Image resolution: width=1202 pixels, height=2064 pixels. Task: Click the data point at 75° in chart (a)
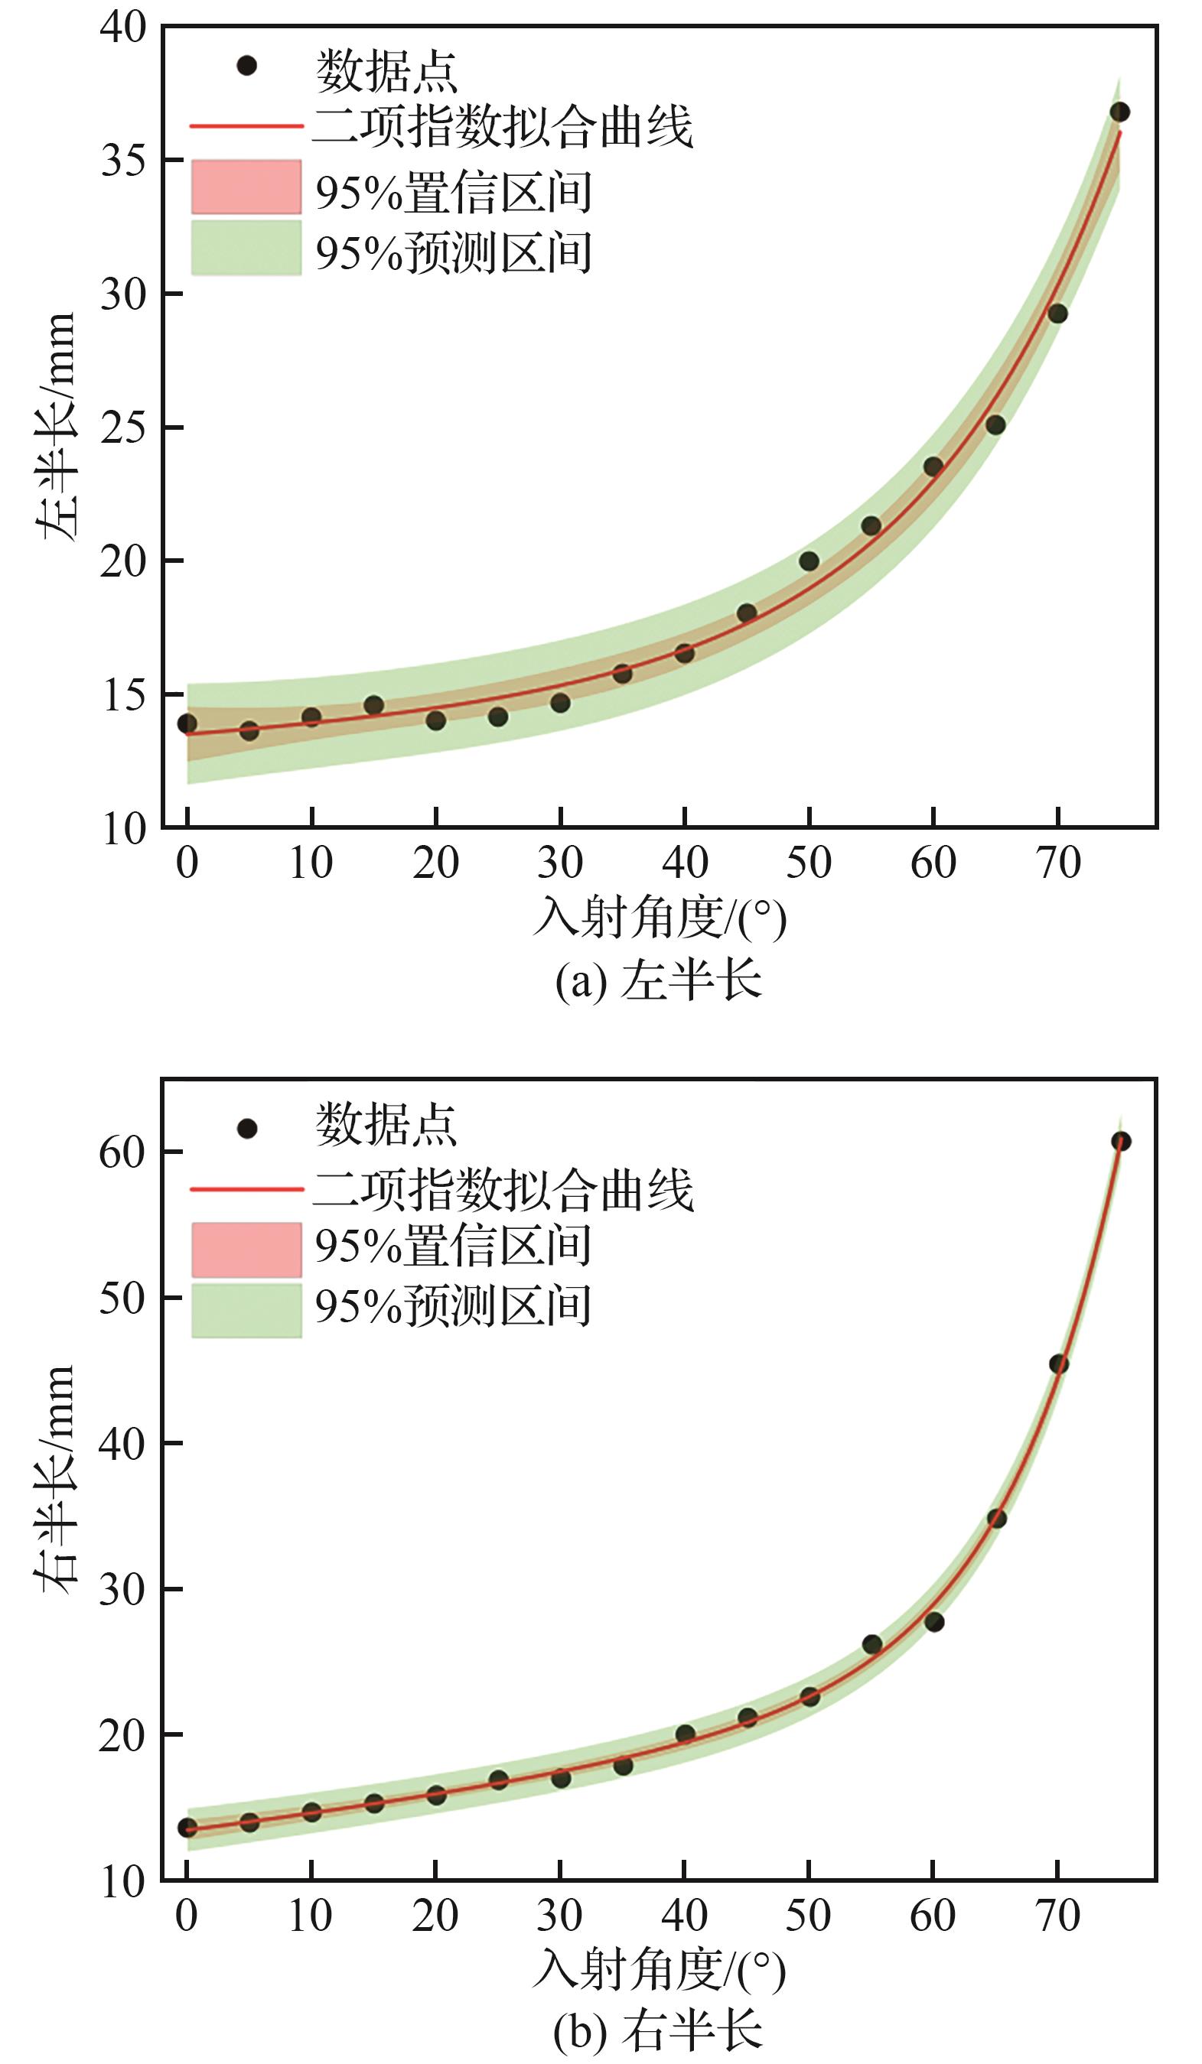pos(1119,112)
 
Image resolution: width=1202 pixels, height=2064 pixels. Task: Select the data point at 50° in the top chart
pos(809,561)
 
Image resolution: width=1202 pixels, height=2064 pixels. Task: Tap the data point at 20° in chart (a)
pos(436,721)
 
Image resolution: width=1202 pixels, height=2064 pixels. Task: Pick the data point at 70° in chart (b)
pos(1059,1364)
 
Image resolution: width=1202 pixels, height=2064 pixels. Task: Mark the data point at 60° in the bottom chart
pos(934,1622)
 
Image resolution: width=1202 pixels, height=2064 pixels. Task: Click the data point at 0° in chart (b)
pos(187,1827)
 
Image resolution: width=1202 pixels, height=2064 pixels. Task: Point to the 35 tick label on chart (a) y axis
pos(123,161)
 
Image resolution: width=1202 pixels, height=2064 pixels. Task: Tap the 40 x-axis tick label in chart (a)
pos(685,863)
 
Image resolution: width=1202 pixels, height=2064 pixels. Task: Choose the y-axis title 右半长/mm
pos(56,1478)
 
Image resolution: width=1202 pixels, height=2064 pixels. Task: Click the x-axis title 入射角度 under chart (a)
pos(660,918)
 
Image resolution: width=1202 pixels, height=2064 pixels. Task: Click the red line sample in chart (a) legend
pos(246,127)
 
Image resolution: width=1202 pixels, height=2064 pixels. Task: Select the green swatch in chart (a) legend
pos(246,247)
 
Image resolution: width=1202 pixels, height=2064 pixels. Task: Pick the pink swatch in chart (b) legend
pos(246,1249)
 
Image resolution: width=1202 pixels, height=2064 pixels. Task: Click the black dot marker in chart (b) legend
pos(246,1130)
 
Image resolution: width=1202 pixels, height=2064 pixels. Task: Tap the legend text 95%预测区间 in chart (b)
pos(453,1306)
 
